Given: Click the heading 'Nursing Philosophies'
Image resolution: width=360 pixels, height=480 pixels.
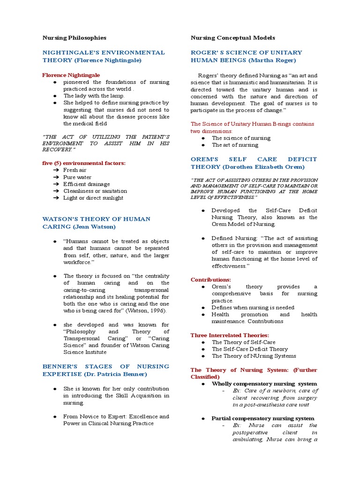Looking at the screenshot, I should (x=74, y=37).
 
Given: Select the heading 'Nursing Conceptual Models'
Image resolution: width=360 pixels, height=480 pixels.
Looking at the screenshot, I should (x=232, y=37).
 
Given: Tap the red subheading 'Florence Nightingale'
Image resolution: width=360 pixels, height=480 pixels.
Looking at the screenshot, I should (x=71, y=75).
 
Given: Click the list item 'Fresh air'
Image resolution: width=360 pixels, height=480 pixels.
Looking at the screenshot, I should (x=75, y=170).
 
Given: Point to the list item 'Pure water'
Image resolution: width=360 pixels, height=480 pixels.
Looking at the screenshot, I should (x=77, y=177).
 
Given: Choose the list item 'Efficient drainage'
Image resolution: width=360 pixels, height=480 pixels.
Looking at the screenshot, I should (x=87, y=184).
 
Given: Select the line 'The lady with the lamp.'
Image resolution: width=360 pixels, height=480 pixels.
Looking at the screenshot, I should (x=94, y=96).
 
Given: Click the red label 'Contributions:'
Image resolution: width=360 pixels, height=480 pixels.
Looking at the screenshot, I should (x=210, y=279).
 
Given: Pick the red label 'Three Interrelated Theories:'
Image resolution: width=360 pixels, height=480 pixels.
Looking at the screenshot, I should (x=230, y=335).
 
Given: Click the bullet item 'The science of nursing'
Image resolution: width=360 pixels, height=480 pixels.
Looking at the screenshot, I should (x=241, y=138).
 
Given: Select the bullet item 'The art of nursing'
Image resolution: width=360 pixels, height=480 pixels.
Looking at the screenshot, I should (x=235, y=145).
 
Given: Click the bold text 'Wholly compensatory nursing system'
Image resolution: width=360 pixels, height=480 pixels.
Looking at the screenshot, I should (x=264, y=383).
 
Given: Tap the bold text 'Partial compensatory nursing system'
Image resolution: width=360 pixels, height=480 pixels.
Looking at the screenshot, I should (x=262, y=418).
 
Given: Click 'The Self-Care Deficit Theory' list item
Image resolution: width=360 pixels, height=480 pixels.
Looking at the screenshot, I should (x=249, y=349).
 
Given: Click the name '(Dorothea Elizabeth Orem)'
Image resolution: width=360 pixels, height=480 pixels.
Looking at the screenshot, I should (x=263, y=167).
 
